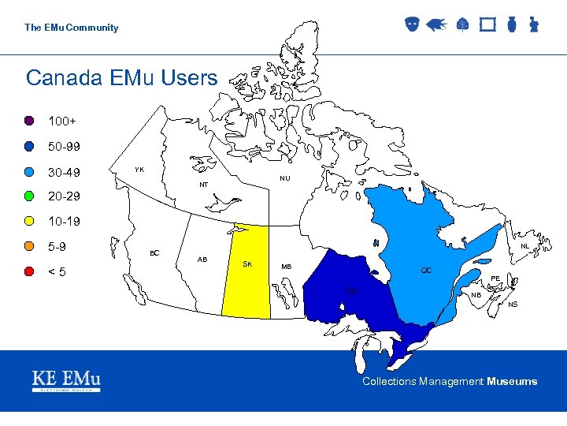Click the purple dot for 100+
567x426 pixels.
pyautogui.click(x=28, y=121)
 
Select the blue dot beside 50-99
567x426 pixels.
pyautogui.click(x=28, y=147)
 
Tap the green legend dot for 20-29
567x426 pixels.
pyautogui.click(x=28, y=196)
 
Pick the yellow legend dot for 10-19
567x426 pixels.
pyautogui.click(x=28, y=221)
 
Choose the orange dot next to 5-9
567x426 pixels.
pyautogui.click(x=28, y=246)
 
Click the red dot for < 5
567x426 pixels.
pyautogui.click(x=28, y=271)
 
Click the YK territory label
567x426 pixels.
pyautogui.click(x=139, y=170)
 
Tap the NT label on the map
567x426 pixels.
pyautogui.click(x=203, y=185)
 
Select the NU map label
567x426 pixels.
pyautogui.click(x=284, y=178)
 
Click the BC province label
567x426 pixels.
pyautogui.click(x=154, y=252)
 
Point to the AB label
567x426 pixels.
pyautogui.click(x=202, y=260)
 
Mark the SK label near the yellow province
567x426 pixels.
pyautogui.click(x=247, y=263)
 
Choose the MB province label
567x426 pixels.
pyautogui.click(x=287, y=267)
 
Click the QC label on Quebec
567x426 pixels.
pyautogui.click(x=426, y=270)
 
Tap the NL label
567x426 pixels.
pyautogui.click(x=524, y=246)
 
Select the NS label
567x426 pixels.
pyautogui.click(x=513, y=305)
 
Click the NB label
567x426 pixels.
pyautogui.click(x=476, y=295)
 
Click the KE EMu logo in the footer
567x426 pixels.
pyautogui.click(x=66, y=380)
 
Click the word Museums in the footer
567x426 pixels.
pyautogui.click(x=512, y=382)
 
